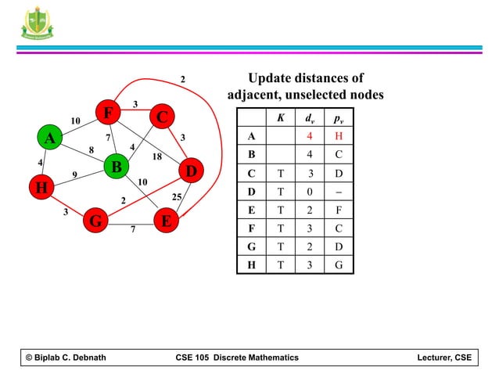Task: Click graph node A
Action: click(49, 138)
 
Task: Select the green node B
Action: click(116, 167)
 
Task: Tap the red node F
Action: click(107, 114)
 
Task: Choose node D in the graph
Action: click(191, 171)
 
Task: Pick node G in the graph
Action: click(95, 222)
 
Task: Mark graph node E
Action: click(167, 222)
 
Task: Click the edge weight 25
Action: click(177, 196)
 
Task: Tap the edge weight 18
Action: click(156, 156)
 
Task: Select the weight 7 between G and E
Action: click(133, 230)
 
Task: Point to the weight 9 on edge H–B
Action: click(74, 175)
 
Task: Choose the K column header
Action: click(281, 118)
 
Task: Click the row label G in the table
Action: click(250, 246)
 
